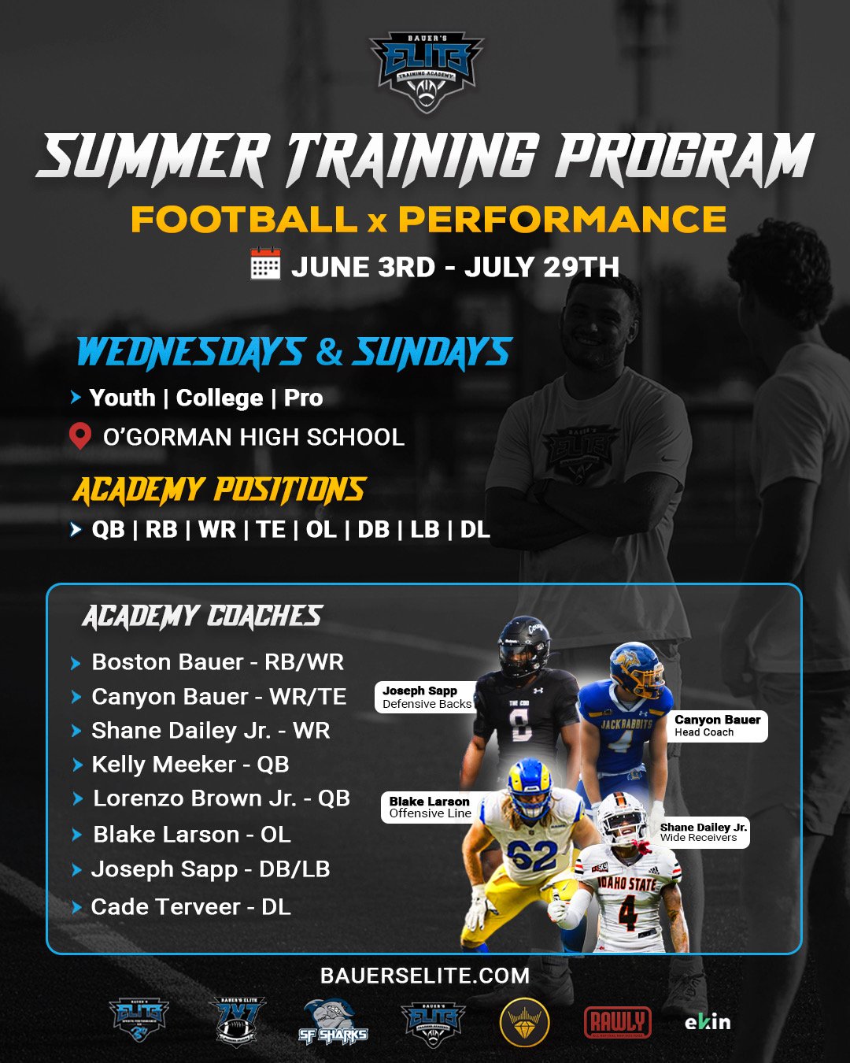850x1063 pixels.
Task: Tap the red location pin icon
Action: tap(79, 435)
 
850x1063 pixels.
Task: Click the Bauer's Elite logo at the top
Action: tap(426, 72)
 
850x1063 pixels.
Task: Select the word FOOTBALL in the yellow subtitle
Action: tap(244, 220)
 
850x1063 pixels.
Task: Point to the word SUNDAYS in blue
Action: tap(432, 352)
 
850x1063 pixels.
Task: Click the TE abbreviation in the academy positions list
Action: tap(271, 529)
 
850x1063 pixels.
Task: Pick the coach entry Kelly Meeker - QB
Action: tap(190, 765)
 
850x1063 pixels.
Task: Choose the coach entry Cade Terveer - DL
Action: tap(190, 907)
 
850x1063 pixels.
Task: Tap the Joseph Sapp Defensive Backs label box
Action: tap(426, 697)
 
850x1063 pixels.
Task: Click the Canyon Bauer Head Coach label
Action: tap(718, 725)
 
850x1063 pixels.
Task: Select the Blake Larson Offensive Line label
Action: tap(429, 807)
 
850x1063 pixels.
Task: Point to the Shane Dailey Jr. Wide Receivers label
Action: tap(702, 832)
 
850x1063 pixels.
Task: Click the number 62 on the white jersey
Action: tap(532, 855)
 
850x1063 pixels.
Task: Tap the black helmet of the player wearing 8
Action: tap(524, 646)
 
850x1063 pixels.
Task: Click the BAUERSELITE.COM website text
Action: tap(425, 976)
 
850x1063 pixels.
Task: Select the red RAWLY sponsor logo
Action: tap(618, 1022)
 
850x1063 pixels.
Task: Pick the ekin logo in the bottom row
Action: tap(707, 1022)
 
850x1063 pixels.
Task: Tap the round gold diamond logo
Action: tap(524, 1023)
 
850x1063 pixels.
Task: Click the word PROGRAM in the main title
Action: tap(684, 157)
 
